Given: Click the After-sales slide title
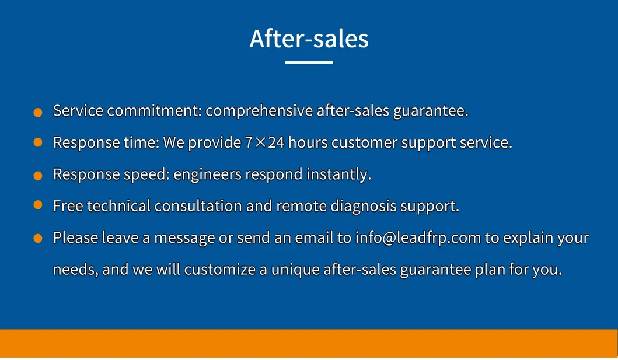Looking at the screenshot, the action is tap(309, 38).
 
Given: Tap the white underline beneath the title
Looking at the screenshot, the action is tap(309, 62).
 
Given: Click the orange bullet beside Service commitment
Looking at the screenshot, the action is tap(38, 113).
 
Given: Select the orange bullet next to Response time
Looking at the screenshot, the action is tap(38, 142).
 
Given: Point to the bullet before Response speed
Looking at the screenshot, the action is tap(38, 176).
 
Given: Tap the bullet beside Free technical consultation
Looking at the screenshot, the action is tap(38, 205).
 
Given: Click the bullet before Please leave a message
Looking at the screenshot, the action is tap(38, 238).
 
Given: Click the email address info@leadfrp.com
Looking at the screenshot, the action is tap(418, 237).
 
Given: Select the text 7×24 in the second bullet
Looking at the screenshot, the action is tap(264, 142).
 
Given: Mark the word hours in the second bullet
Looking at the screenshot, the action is tap(308, 142).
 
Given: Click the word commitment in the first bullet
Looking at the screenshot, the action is tap(154, 111).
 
